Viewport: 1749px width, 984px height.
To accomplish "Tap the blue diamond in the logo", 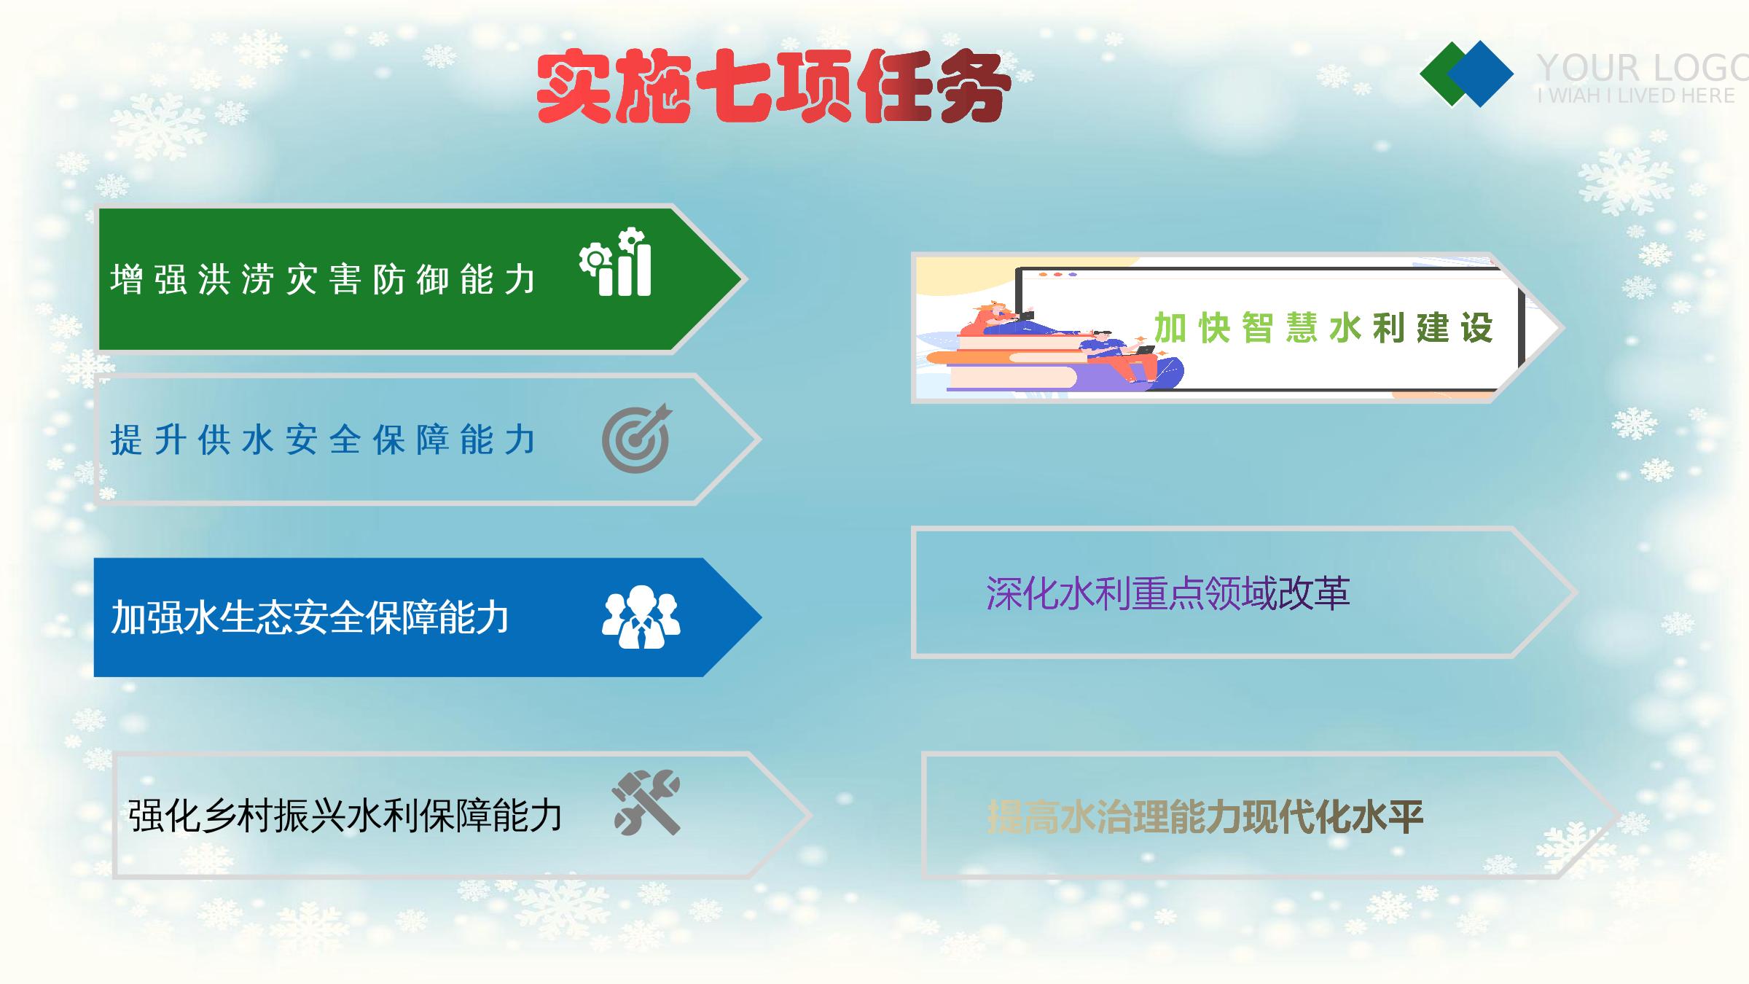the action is (1481, 74).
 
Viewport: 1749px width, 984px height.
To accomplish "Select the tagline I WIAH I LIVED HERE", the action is (1636, 95).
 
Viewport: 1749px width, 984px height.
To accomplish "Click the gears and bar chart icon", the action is (615, 262).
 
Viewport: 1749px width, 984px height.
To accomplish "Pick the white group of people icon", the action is (641, 617).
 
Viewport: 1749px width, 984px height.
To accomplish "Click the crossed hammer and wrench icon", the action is (646, 802).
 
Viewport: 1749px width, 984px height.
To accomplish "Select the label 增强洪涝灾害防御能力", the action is (323, 279).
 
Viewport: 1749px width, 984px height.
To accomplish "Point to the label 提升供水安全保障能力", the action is (323, 440).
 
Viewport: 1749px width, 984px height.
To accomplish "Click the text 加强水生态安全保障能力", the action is (310, 617).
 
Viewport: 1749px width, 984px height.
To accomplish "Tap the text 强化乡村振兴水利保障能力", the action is (345, 815).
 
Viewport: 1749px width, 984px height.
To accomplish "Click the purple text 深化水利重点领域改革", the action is (1168, 593).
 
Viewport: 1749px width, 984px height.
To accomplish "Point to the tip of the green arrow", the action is (741, 279).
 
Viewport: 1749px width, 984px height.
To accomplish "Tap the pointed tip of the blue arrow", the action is (762, 617).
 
